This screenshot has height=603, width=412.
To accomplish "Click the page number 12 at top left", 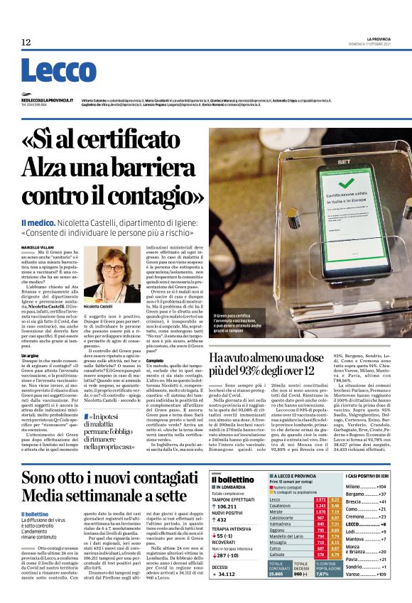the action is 26,43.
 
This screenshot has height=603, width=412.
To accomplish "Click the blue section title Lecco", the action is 48,71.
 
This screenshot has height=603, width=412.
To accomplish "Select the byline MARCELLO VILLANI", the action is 37,246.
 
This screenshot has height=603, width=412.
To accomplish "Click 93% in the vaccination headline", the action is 273,370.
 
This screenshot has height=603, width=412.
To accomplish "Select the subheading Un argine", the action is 30,354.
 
